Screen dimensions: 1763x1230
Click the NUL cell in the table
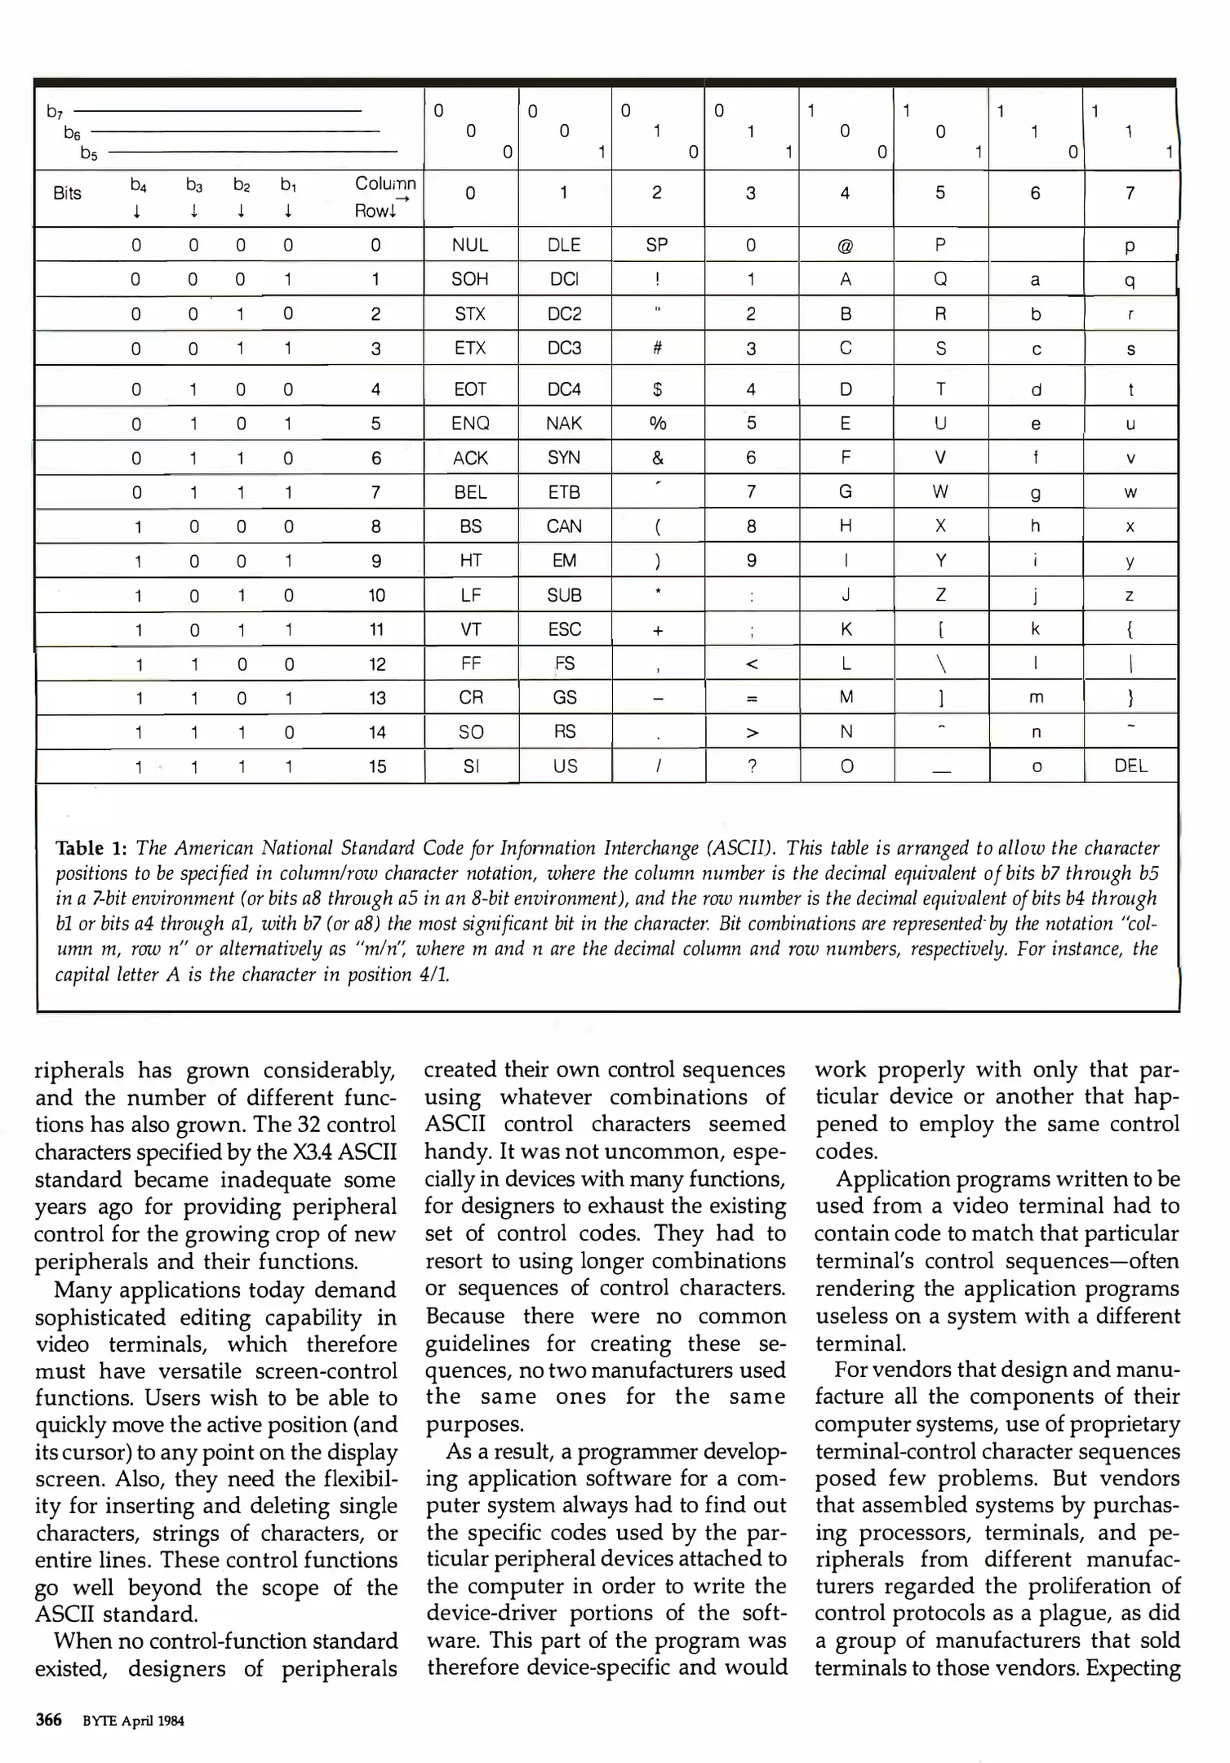470,245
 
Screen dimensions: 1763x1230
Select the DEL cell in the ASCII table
1130,766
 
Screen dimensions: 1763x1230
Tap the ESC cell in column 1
564,629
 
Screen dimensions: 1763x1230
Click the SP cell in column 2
657,245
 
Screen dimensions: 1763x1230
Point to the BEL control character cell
470,492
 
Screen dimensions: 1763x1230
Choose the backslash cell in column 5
941,664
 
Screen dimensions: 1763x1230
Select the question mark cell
752,766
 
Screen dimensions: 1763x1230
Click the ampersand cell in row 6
657,458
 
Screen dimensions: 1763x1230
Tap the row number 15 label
376,766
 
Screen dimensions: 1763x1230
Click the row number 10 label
376,595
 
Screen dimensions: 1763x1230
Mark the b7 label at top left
55,111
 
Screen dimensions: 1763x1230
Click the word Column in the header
385,183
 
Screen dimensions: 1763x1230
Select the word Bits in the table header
67,193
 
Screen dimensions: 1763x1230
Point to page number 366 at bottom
49,1720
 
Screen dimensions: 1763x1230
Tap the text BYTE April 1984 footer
133,1721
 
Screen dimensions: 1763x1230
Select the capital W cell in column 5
940,491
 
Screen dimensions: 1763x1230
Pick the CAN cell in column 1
564,526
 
